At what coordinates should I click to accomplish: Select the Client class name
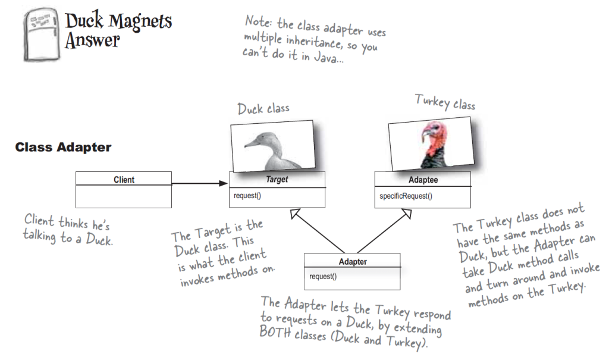tap(124, 180)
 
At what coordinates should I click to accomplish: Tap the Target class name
tap(277, 180)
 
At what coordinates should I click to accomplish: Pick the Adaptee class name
tap(422, 180)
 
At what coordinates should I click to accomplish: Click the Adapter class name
tap(352, 261)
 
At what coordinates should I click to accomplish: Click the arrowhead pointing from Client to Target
tap(223, 183)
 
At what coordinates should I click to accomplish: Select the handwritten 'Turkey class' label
tap(444, 104)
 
